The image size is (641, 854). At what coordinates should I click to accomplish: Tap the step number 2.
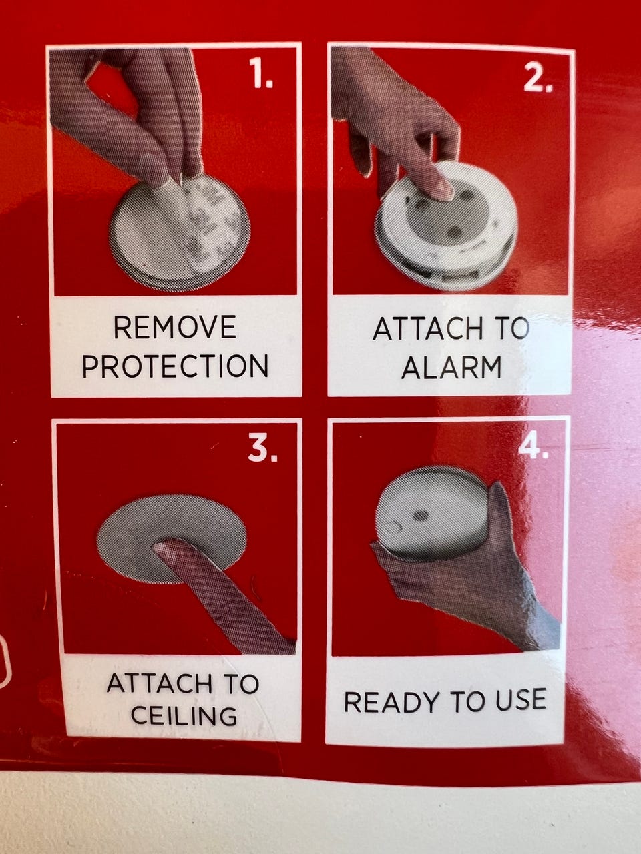pos(538,78)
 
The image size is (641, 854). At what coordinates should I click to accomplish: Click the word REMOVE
pos(175,327)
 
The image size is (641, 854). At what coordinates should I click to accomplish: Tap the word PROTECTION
pos(175,366)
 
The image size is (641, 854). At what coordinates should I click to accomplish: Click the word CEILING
pos(184,715)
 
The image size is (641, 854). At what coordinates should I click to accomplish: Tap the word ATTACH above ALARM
pos(428,329)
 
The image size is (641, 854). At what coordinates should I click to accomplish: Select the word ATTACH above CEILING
pos(160,683)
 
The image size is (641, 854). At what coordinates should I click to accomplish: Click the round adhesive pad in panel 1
pos(180,232)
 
